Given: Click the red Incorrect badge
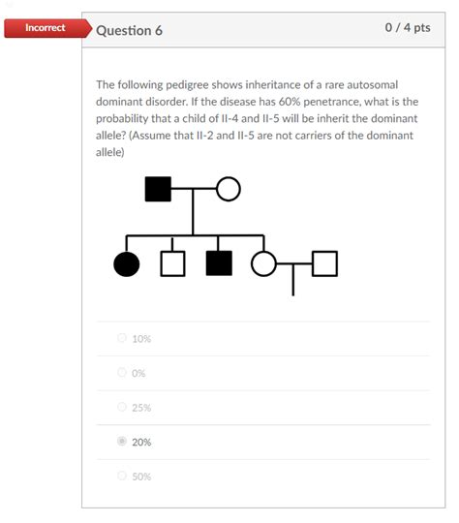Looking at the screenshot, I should coord(45,28).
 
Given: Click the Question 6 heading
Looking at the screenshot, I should coord(130,30).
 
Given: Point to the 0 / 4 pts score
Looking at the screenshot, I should coord(407,28).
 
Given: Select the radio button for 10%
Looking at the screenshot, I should coord(122,338).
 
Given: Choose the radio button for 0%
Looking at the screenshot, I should coord(122,372).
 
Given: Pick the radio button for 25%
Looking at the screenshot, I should coord(122,407).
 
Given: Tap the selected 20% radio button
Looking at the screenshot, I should coord(122,442).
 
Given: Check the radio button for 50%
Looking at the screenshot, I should coord(122,476).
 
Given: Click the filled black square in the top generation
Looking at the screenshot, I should coord(158,189).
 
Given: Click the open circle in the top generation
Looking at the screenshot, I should coord(228,189).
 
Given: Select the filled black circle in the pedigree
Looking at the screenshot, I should coord(127,263).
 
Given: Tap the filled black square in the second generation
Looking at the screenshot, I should coord(219,263).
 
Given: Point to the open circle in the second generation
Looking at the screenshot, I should coord(262,263).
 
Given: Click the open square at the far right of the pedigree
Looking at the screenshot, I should coord(324,263).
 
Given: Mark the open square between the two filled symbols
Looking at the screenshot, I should coord(172,263).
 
